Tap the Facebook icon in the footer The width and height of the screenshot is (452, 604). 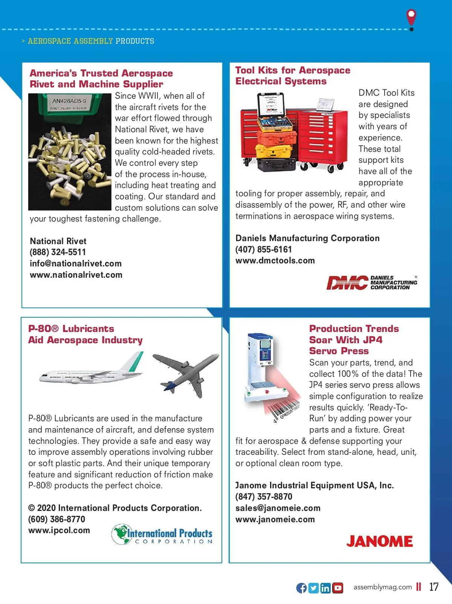pyautogui.click(x=301, y=588)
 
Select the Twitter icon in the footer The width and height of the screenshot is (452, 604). pyautogui.click(x=313, y=588)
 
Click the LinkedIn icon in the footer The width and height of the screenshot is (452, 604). pyautogui.click(x=325, y=588)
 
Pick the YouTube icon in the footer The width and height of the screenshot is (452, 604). pyautogui.click(x=338, y=588)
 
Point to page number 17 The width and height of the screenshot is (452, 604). pyautogui.click(x=434, y=587)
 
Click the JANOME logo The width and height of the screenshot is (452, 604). pyautogui.click(x=379, y=541)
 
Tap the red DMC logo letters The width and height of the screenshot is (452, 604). pyautogui.click(x=347, y=283)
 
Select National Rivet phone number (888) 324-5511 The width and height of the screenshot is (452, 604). pyautogui.click(x=58, y=252)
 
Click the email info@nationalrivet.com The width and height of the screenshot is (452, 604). pyautogui.click(x=75, y=263)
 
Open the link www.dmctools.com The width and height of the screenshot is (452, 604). pyautogui.click(x=275, y=260)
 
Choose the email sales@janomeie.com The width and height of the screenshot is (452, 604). pyautogui.click(x=278, y=508)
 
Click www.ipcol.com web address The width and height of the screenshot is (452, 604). pyautogui.click(x=59, y=530)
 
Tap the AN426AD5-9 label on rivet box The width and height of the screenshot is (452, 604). pyautogui.click(x=69, y=101)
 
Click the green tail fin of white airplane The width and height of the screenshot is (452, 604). pyautogui.click(x=136, y=362)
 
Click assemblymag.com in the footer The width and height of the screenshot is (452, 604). pyautogui.click(x=382, y=587)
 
